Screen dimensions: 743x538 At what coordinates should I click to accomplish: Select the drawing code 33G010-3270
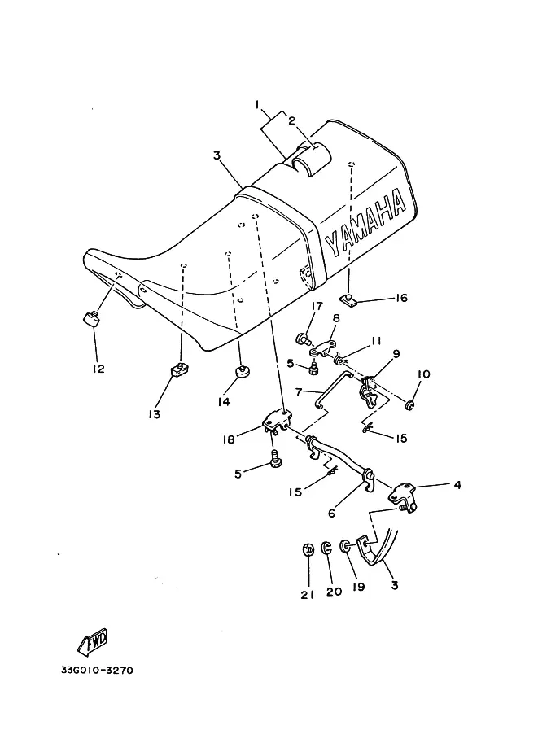click(96, 671)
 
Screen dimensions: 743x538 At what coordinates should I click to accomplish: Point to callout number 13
click(154, 414)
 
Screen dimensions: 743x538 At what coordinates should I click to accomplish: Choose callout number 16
click(400, 298)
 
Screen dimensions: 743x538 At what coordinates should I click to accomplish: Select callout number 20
click(334, 592)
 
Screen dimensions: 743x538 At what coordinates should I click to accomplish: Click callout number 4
click(457, 486)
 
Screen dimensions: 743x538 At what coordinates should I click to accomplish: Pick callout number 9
click(396, 354)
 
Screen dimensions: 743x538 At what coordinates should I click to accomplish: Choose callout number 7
click(298, 392)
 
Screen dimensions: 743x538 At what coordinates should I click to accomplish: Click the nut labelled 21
click(308, 551)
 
